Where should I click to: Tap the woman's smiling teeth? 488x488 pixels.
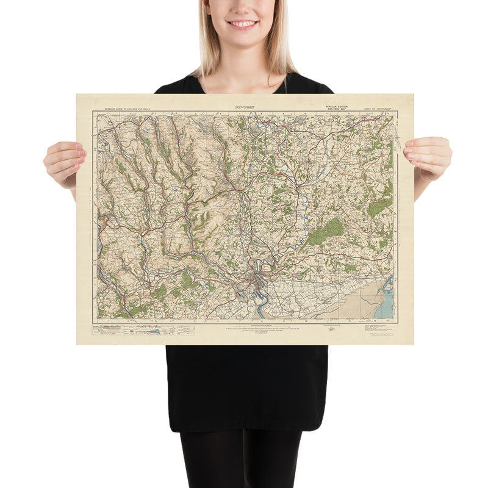coord(243,24)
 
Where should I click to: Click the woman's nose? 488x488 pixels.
coord(243,9)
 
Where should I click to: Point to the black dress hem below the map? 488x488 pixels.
coord(246,427)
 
